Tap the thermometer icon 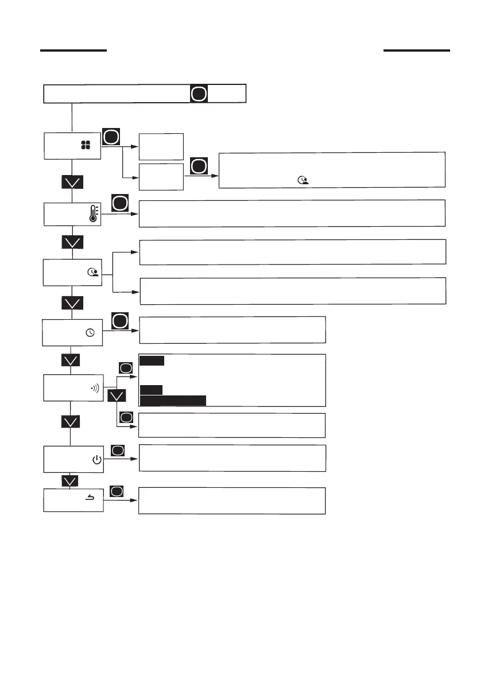[x=93, y=215]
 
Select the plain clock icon [x=90, y=333]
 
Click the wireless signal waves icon [x=95, y=387]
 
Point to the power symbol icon [x=96, y=460]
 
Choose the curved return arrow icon [x=91, y=498]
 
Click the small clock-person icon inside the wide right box [x=302, y=180]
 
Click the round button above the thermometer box [x=119, y=203]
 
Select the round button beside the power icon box [x=118, y=451]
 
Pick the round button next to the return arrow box [x=117, y=492]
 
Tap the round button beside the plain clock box [x=119, y=321]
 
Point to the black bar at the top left [x=73, y=51]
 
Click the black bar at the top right [x=417, y=51]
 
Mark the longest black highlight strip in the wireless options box [x=173, y=400]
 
